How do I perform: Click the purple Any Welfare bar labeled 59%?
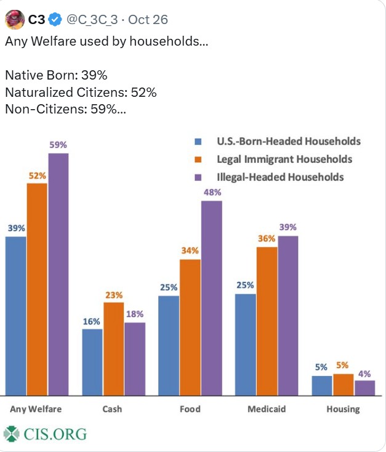pos(58,274)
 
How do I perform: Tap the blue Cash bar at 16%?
pos(92,362)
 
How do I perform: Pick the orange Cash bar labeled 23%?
pos(113,348)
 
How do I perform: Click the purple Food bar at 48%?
pos(211,298)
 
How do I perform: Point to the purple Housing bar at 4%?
pos(364,388)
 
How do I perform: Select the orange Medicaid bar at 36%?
pos(267,321)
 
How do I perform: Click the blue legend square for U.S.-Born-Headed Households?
pos(198,141)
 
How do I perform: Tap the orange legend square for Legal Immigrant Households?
pos(198,159)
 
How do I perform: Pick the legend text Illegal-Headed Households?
pos(280,177)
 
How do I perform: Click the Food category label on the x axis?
pos(190,409)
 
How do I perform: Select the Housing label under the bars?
pos(343,409)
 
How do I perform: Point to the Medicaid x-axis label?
pos(266,409)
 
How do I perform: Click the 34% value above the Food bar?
pos(190,250)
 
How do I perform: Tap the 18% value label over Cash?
pos(134,313)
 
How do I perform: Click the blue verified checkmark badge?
pos(55,20)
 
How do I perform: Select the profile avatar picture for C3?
pos(15,20)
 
